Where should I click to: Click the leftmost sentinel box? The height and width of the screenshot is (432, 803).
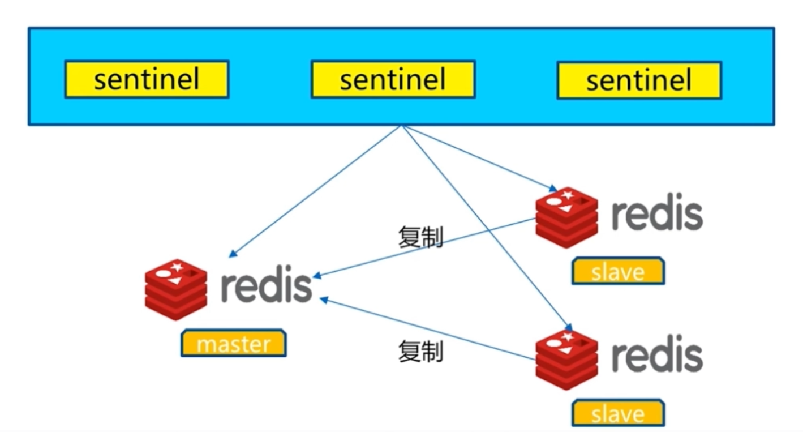(x=147, y=79)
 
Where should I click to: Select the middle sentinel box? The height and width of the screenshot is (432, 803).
(x=393, y=79)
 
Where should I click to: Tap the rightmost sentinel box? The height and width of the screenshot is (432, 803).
(x=639, y=80)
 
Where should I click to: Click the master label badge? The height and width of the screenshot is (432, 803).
(x=233, y=344)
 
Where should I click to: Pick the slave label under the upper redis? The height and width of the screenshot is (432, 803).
(x=617, y=272)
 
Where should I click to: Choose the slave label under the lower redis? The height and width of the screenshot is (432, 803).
(x=617, y=413)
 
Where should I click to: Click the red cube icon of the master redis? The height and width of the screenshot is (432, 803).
(x=175, y=289)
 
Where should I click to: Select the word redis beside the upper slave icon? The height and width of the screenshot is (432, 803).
(x=657, y=215)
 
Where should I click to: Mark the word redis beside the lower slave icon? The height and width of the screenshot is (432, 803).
(x=657, y=355)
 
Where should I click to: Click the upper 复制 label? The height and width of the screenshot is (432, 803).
(x=420, y=237)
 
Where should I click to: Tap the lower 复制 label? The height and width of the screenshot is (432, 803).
(x=420, y=352)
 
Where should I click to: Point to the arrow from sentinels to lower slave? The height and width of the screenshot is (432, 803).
(x=487, y=226)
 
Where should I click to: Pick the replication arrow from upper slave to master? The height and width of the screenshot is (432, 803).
(x=424, y=248)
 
